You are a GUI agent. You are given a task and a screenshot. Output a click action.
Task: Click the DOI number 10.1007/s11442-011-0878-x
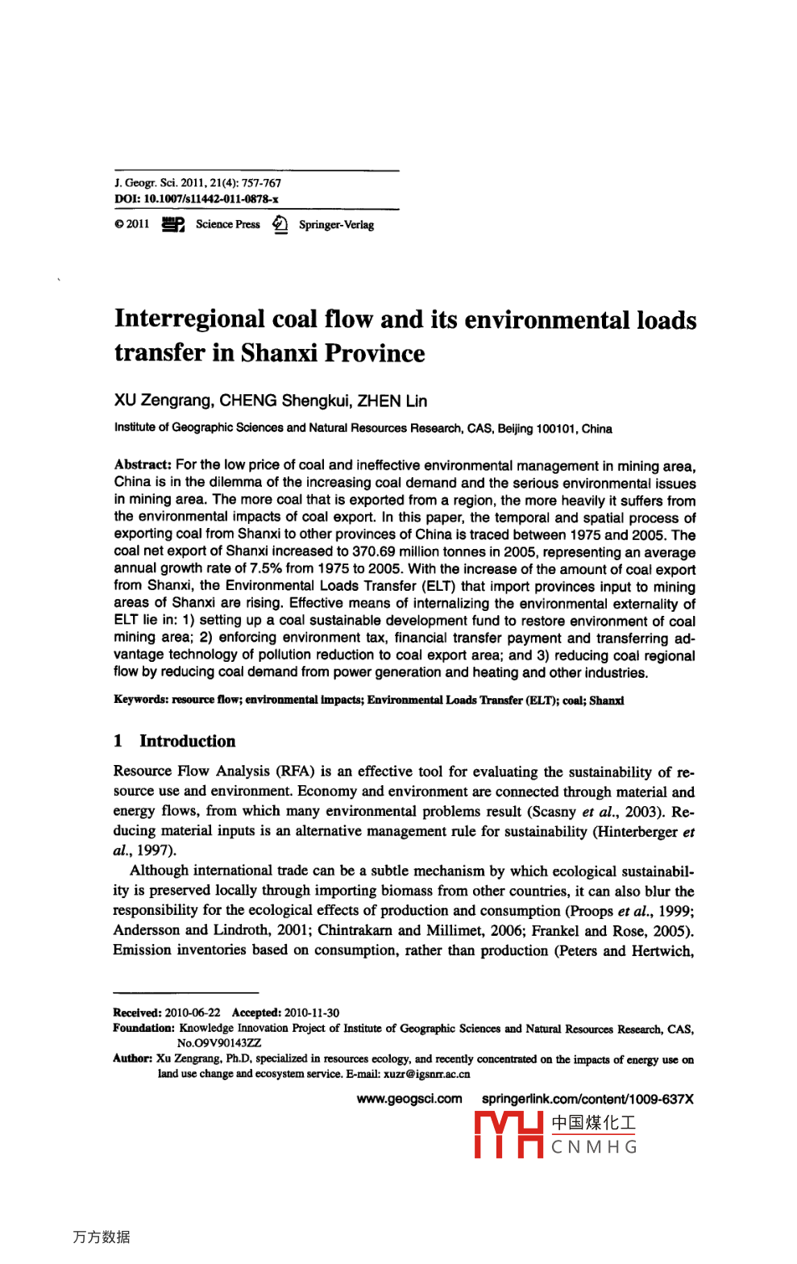pos(211,199)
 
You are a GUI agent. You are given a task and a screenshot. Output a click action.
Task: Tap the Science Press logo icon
pos(172,224)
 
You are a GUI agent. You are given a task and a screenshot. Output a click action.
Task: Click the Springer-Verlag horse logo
pos(280,224)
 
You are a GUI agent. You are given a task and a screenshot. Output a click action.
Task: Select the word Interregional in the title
pos(189,319)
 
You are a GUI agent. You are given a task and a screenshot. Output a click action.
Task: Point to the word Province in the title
pos(375,353)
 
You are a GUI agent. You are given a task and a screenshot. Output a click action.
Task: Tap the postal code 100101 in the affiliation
pos(557,429)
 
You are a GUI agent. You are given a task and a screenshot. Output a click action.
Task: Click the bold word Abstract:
pos(143,465)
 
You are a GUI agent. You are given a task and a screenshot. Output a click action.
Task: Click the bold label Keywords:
pos(140,700)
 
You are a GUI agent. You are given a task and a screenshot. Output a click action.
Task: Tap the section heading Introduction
pos(188,741)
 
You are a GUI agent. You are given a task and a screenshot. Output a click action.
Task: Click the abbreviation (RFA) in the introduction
pos(295,771)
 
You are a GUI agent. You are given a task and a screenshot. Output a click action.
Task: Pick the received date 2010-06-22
pos(193,1012)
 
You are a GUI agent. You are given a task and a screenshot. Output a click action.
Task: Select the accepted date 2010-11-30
pos(312,1012)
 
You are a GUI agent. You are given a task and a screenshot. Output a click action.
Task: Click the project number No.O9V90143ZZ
pos(219,1042)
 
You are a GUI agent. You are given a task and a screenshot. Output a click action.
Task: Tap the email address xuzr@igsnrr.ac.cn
pos(426,1074)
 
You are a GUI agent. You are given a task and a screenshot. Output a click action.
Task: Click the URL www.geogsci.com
pos(409,1099)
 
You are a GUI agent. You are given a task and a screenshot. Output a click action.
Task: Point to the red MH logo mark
pos(508,1134)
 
